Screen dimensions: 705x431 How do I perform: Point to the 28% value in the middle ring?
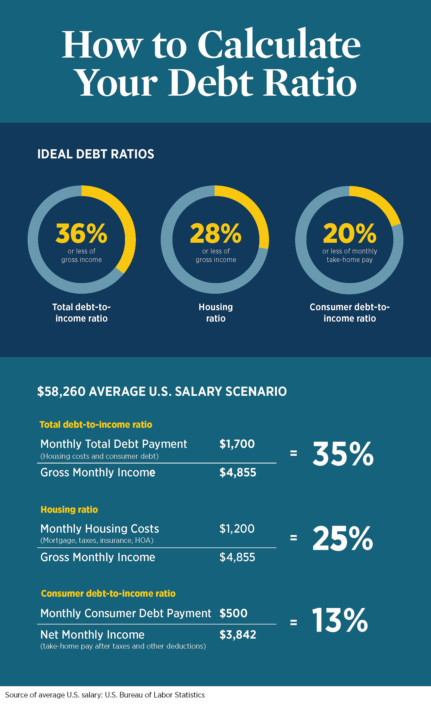click(216, 233)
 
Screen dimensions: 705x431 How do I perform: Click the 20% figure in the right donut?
click(350, 233)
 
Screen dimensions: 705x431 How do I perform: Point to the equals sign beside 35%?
click(293, 453)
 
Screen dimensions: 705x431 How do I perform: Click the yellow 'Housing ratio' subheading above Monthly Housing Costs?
click(69, 510)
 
